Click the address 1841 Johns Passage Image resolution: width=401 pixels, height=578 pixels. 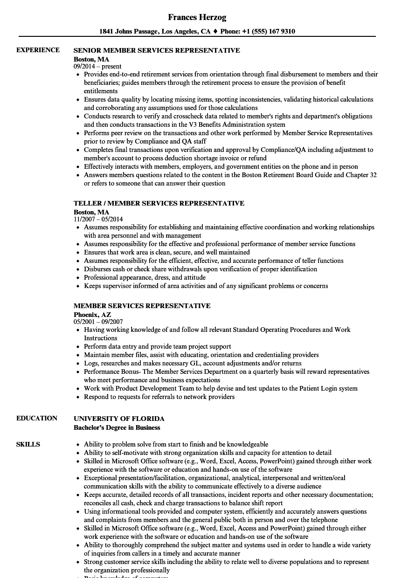[128, 32]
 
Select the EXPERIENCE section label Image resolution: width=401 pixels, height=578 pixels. [38, 50]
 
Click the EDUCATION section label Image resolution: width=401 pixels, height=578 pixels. [37, 418]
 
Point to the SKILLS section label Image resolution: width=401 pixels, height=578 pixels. [28, 444]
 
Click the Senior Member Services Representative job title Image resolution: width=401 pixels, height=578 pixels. [157, 50]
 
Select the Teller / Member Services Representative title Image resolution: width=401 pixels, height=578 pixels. [159, 203]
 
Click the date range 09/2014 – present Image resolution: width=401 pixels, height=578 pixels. [97, 66]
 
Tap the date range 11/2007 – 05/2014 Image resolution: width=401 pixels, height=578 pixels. [98, 219]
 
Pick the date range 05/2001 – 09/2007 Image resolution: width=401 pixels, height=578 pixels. [98, 322]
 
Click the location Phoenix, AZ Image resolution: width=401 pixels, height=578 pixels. [92, 315]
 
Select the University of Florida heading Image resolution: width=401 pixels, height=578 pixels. [119, 419]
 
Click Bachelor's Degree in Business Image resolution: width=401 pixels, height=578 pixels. [117, 427]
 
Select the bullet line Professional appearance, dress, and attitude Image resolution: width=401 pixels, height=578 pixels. [145, 277]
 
